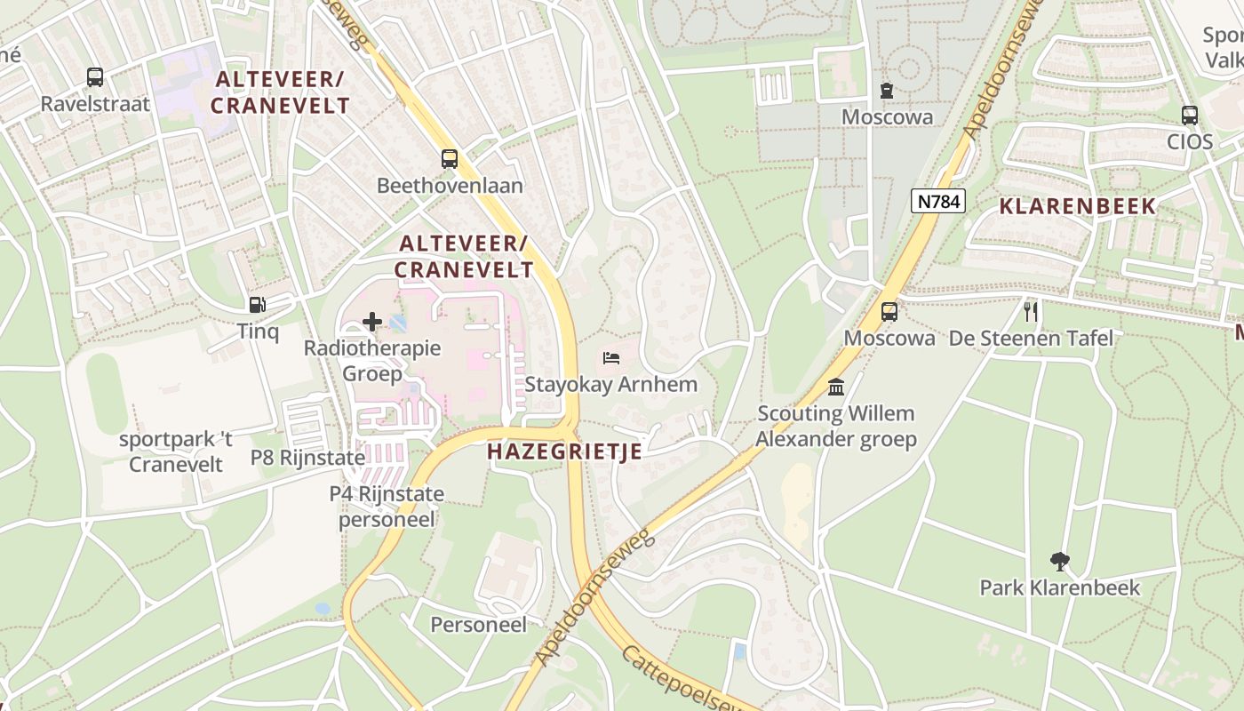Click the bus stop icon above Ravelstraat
click(x=95, y=77)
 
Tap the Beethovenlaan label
click(x=450, y=186)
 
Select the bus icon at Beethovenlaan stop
click(x=450, y=159)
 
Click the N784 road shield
click(x=938, y=201)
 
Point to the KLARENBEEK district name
click(x=1078, y=206)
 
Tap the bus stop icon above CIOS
click(x=1190, y=116)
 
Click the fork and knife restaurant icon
click(x=1031, y=311)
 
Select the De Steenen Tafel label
click(x=1031, y=339)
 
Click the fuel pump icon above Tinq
click(x=257, y=305)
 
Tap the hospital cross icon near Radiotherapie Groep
click(x=372, y=321)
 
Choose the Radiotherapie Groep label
click(x=372, y=360)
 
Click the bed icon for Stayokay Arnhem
click(x=611, y=358)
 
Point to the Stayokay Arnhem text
click(x=611, y=385)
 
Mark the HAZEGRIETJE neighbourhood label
click(x=564, y=451)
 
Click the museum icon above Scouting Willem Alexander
click(x=836, y=387)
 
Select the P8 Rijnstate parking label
click(x=307, y=458)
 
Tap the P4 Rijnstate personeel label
click(x=387, y=506)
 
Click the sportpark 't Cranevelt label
click(x=176, y=451)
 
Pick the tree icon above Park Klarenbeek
click(x=1059, y=561)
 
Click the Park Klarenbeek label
click(x=1059, y=587)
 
